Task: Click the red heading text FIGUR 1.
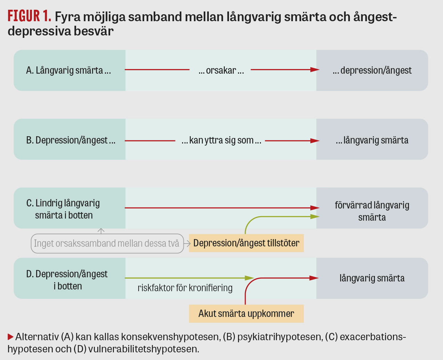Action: [x=29, y=16]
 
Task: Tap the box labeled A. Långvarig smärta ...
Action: [x=70, y=70]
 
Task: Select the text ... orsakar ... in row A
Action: [x=221, y=71]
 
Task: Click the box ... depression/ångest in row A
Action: [x=372, y=70]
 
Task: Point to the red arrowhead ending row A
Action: [x=315, y=69]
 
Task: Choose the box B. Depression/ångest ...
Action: [x=70, y=139]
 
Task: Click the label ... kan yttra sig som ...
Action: [x=221, y=140]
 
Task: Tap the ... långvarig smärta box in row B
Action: [x=372, y=139]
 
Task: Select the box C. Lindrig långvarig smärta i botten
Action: [x=70, y=208]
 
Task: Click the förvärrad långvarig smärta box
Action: [x=372, y=208]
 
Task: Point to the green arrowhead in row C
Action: [x=315, y=216]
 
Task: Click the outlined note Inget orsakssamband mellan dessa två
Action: [x=107, y=244]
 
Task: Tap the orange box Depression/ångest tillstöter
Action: [x=246, y=243]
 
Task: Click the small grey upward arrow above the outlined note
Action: [x=101, y=231]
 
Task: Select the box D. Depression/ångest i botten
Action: [x=70, y=278]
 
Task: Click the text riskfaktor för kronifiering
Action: [x=185, y=288]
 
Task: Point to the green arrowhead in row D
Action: [x=249, y=278]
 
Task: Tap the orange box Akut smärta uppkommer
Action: [x=246, y=314]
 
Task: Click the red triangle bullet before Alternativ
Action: [x=10, y=337]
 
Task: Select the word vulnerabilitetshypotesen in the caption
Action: [x=143, y=349]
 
